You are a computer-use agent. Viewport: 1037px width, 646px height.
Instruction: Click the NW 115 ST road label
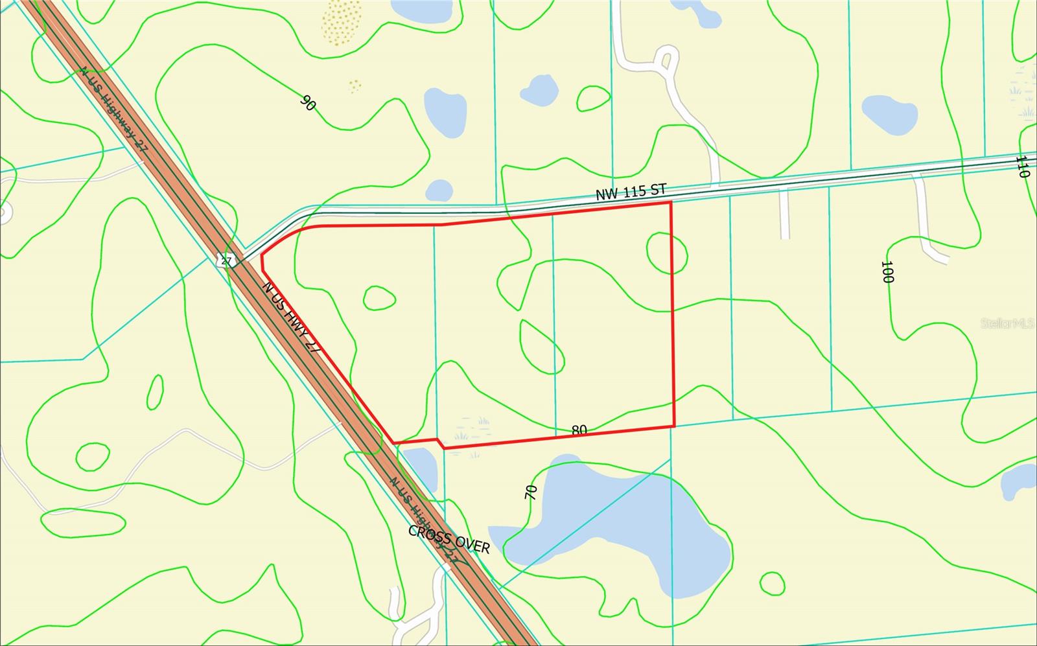pos(631,191)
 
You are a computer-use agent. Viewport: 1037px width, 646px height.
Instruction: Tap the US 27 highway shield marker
pos(225,260)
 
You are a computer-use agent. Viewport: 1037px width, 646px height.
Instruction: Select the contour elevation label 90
pos(309,102)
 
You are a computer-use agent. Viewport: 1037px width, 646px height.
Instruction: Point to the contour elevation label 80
pos(579,430)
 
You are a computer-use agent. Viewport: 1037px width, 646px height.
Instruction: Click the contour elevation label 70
pos(531,492)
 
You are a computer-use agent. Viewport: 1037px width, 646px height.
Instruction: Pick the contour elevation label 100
pos(887,272)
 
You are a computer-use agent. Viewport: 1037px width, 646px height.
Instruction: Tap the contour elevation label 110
pos(1022,167)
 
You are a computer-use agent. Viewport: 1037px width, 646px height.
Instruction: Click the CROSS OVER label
pos(449,539)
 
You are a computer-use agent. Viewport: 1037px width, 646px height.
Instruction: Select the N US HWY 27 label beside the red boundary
pos(292,317)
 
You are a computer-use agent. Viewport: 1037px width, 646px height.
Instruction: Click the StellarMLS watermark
pos(1007,323)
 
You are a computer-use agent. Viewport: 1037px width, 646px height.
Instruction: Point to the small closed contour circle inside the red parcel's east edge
pos(667,253)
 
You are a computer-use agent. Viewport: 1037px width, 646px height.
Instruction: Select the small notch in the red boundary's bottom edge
pos(439,443)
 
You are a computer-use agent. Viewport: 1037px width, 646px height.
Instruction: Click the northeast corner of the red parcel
pos(670,203)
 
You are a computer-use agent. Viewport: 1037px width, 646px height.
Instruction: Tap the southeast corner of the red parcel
pos(675,426)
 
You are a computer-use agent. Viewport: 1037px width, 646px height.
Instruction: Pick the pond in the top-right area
pos(889,115)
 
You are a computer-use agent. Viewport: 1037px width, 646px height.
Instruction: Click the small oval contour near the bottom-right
pos(772,583)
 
